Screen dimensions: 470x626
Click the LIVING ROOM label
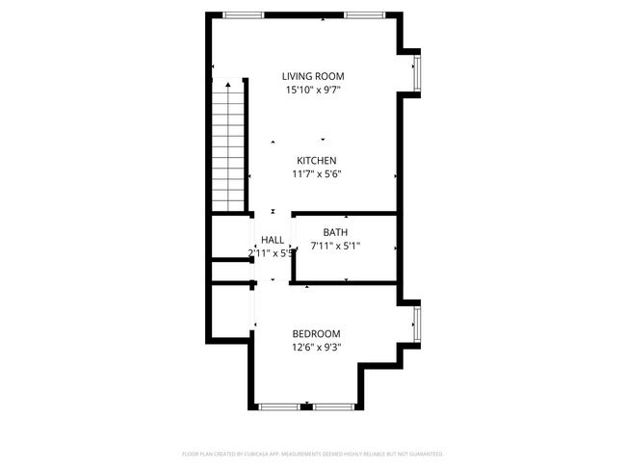tap(313, 76)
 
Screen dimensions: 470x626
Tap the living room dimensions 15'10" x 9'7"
tap(313, 90)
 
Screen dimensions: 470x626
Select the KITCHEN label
tap(316, 161)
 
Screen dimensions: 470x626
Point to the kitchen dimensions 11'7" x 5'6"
tap(317, 174)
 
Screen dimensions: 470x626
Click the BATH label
tap(335, 232)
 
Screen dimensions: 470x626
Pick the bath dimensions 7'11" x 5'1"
tap(336, 246)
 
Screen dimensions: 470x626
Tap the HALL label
tap(273, 240)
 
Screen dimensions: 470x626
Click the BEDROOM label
tap(316, 333)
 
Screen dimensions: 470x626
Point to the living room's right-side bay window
tap(416, 71)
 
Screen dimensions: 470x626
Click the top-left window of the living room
tap(244, 14)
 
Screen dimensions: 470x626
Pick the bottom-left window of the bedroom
tap(277, 406)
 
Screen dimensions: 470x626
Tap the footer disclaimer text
tap(313, 453)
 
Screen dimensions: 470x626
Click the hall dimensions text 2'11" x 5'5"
tap(271, 253)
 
